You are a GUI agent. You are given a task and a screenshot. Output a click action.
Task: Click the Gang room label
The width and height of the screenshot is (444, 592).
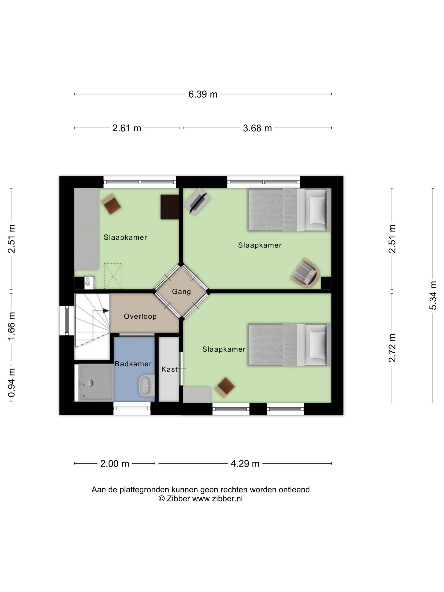click(181, 291)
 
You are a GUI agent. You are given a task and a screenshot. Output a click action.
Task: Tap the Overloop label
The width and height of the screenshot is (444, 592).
click(140, 316)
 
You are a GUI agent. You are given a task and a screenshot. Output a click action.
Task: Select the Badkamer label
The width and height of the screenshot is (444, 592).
click(133, 364)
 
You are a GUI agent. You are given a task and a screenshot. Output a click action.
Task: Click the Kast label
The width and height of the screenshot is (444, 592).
click(169, 369)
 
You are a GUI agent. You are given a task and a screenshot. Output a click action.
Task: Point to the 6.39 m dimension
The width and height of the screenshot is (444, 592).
click(203, 94)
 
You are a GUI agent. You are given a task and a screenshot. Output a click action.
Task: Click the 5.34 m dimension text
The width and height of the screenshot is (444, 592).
click(433, 295)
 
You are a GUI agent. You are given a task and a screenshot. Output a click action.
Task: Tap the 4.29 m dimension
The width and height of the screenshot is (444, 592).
click(245, 463)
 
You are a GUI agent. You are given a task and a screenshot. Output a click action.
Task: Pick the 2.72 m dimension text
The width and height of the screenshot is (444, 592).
click(392, 348)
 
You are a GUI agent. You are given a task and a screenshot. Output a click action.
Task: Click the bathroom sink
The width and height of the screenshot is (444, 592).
click(146, 386)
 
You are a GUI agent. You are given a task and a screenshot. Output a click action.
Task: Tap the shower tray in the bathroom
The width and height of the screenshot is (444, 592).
click(96, 383)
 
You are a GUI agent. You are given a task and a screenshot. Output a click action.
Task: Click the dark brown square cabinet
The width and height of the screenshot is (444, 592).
click(170, 207)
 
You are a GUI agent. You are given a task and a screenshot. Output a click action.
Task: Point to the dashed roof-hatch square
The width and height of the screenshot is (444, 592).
click(113, 276)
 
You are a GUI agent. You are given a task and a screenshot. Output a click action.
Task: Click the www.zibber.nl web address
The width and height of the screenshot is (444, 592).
click(217, 499)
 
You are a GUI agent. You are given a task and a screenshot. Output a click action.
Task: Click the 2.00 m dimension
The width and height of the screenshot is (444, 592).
click(115, 463)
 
